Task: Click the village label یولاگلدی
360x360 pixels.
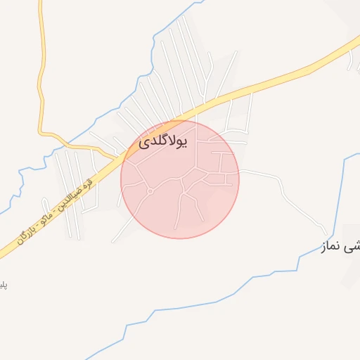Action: (163, 141)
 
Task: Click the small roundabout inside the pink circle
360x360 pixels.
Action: (150, 191)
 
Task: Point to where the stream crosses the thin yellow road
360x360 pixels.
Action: (42, 131)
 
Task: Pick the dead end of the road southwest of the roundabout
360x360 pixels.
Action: (112, 241)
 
